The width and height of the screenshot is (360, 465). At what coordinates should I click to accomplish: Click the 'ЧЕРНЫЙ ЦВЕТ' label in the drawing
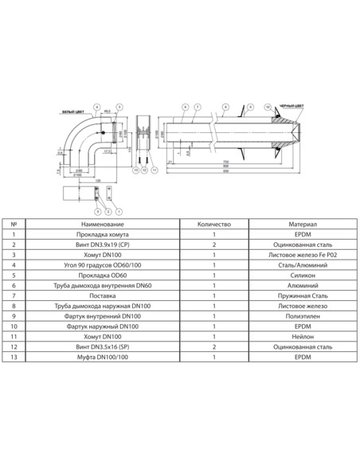pos(292,105)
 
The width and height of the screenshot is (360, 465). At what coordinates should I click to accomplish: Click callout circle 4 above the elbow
pos(96,106)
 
